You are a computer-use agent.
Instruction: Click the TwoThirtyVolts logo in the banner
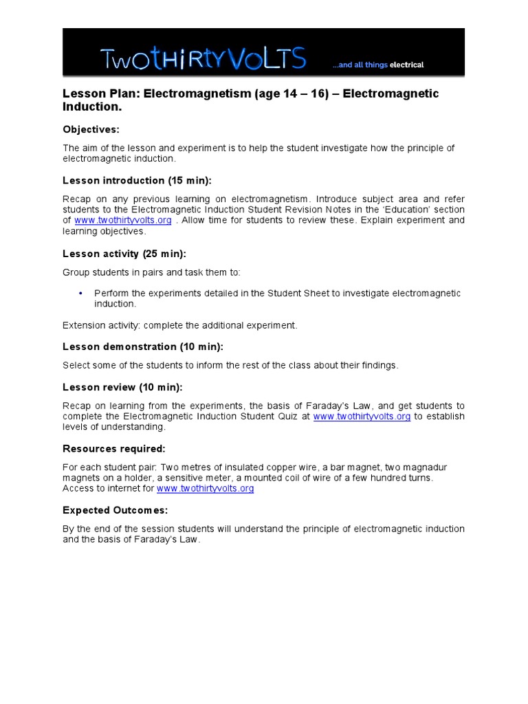(203, 59)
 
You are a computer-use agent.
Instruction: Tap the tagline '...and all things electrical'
(377, 65)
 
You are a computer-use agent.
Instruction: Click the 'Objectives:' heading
(91, 129)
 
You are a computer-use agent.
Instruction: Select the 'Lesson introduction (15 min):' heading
(137, 181)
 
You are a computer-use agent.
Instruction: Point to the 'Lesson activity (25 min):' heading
(124, 254)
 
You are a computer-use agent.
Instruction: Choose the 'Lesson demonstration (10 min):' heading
(142, 346)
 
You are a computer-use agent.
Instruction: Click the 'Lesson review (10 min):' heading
(122, 387)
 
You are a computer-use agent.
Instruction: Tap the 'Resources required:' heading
(113, 449)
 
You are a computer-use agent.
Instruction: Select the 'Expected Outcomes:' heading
(115, 510)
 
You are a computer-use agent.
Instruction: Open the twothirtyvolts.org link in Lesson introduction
(122, 220)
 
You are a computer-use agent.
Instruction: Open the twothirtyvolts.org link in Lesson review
(362, 417)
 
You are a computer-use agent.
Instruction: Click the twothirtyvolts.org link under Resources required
(205, 488)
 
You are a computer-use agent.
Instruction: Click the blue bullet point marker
(81, 293)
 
